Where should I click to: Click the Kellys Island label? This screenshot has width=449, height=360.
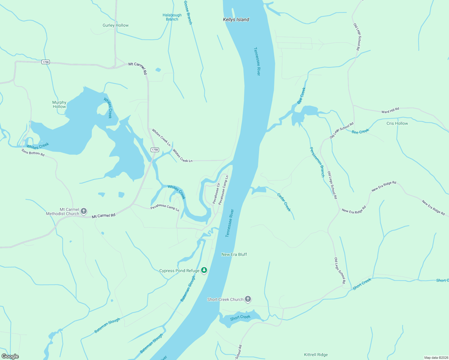click(236, 19)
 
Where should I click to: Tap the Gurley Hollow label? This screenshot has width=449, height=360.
click(116, 25)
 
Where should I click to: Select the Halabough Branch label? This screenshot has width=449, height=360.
click(172, 17)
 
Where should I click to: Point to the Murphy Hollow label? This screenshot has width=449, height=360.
click(59, 104)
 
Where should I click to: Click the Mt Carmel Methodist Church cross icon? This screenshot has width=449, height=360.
click(84, 211)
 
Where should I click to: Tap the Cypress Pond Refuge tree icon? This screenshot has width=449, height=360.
click(204, 270)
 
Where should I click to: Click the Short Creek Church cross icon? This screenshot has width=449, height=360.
click(248, 299)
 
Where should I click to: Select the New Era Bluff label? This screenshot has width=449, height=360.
click(234, 254)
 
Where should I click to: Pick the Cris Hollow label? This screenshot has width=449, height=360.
click(397, 123)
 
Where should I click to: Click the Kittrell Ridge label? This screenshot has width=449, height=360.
click(316, 355)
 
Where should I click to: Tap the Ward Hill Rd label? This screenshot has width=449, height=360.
click(390, 110)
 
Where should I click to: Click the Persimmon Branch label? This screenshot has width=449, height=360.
click(317, 162)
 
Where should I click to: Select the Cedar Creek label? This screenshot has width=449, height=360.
click(284, 202)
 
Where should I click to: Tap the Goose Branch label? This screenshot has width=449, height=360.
click(188, 12)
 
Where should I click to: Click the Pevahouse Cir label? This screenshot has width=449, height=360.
click(216, 193)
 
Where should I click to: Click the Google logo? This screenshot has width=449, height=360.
click(10, 356)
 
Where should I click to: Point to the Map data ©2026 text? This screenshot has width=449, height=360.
click(435, 358)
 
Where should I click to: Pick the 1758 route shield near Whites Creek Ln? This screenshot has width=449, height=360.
click(155, 150)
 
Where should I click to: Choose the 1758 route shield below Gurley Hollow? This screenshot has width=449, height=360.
click(45, 62)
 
